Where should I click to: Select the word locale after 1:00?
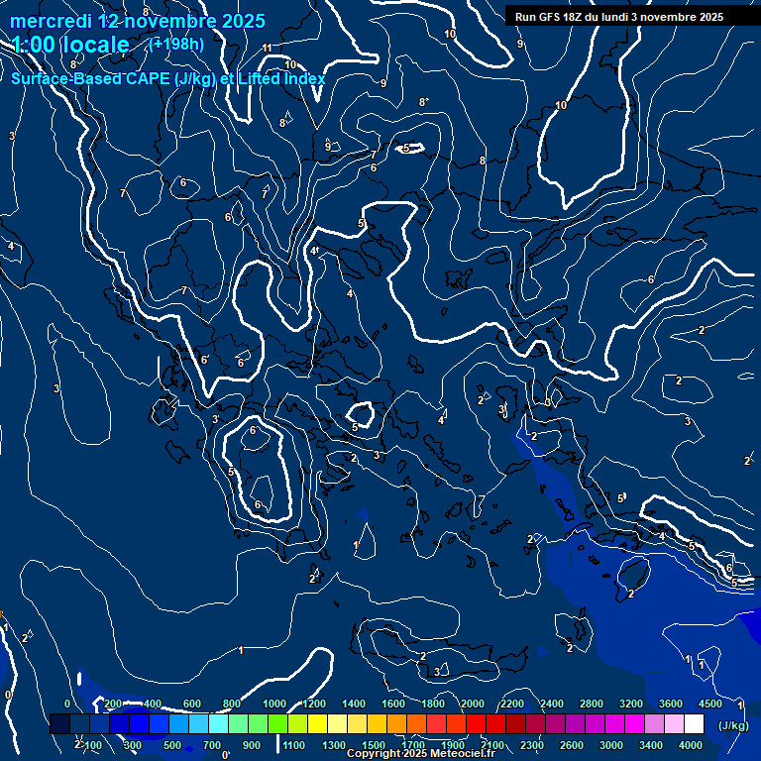94,45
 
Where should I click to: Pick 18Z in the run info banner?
578,17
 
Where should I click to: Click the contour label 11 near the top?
267,48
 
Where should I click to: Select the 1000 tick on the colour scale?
274,704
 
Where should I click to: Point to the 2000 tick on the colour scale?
473,704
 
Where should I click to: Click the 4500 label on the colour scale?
710,704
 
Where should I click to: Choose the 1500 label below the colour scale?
374,745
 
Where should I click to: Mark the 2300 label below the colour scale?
532,745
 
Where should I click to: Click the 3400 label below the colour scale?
651,745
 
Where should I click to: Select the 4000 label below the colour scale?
691,745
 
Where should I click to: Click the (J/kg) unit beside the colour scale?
733,725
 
